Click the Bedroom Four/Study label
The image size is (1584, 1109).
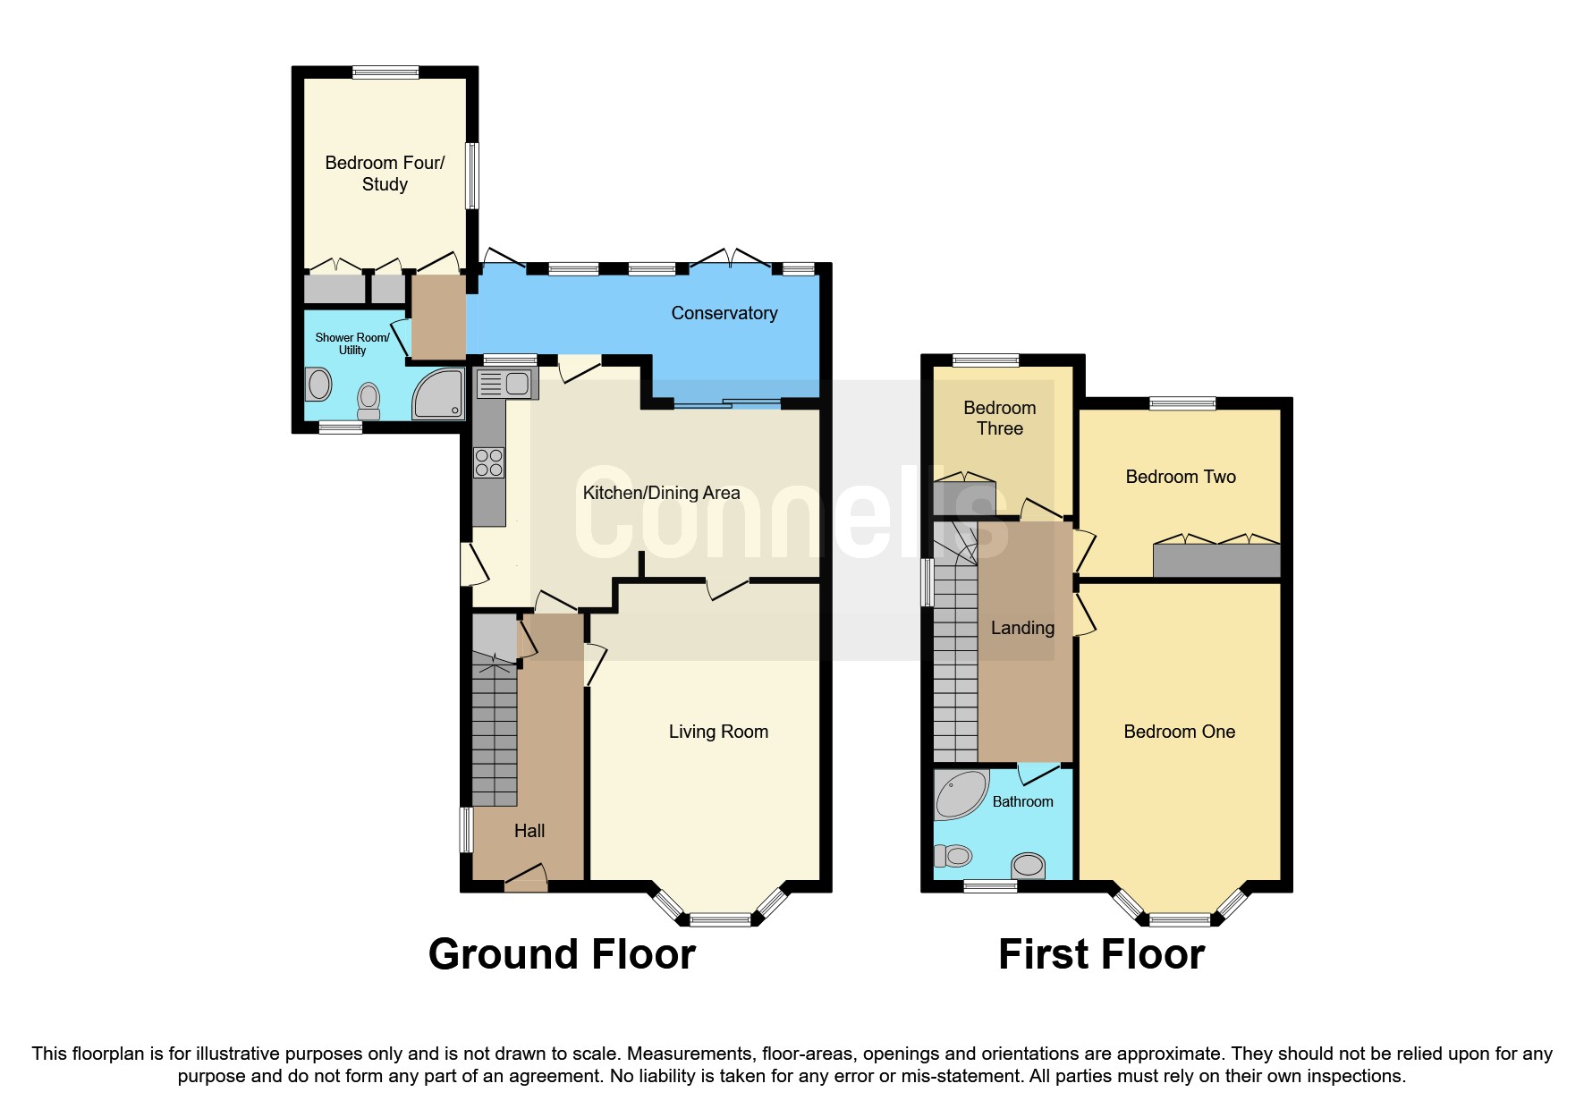click(385, 174)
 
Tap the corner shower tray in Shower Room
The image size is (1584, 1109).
click(438, 394)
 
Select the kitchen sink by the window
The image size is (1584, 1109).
click(506, 384)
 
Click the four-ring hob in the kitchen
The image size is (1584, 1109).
click(489, 462)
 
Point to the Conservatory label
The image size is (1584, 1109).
click(724, 313)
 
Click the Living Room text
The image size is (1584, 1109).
click(718, 732)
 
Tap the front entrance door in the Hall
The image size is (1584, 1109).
click(526, 878)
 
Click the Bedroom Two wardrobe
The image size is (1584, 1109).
click(1216, 560)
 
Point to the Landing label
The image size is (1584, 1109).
click(1022, 628)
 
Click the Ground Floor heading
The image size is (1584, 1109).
click(562, 954)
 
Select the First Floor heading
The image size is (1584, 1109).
click(1101, 954)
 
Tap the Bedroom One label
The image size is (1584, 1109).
click(1179, 732)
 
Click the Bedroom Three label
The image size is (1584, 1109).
click(999, 418)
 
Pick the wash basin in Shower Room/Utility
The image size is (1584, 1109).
click(319, 385)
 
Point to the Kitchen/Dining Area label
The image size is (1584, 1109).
click(661, 493)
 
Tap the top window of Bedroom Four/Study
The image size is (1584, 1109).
click(385, 73)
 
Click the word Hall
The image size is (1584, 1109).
click(529, 831)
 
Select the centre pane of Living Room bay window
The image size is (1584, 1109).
click(720, 919)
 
